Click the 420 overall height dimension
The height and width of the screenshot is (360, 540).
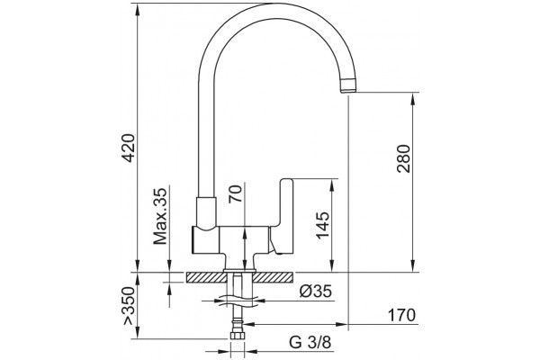coord(130,148)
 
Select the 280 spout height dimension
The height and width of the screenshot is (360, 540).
coord(404,158)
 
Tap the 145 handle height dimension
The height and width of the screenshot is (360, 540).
coord(323,225)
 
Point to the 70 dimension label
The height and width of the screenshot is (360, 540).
coord(236,193)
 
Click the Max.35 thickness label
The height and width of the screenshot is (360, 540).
coord(160,216)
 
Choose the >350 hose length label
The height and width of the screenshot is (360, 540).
coord(128,305)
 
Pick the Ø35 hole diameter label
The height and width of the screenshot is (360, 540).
coord(316,292)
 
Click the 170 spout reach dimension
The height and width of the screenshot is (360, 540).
coord(402,315)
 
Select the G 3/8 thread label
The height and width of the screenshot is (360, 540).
coord(310,342)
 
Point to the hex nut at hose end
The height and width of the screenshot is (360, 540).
coord(237,337)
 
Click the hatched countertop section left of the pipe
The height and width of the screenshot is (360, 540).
coord(205,277)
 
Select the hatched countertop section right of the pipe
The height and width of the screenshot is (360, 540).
coord(274,277)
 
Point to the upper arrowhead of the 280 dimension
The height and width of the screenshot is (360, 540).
coord(413,99)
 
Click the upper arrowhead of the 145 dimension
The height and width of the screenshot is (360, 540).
coord(332,185)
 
